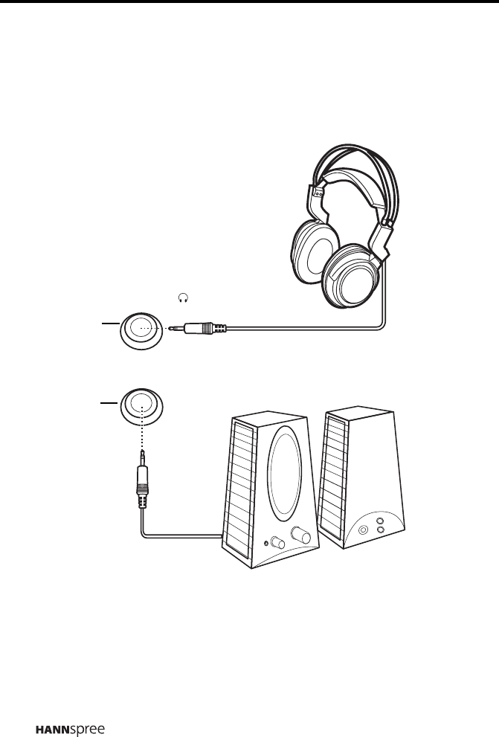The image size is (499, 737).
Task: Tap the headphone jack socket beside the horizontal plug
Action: click(141, 329)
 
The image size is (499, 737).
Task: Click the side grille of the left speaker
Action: click(242, 491)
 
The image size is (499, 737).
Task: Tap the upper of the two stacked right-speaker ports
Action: click(380, 522)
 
